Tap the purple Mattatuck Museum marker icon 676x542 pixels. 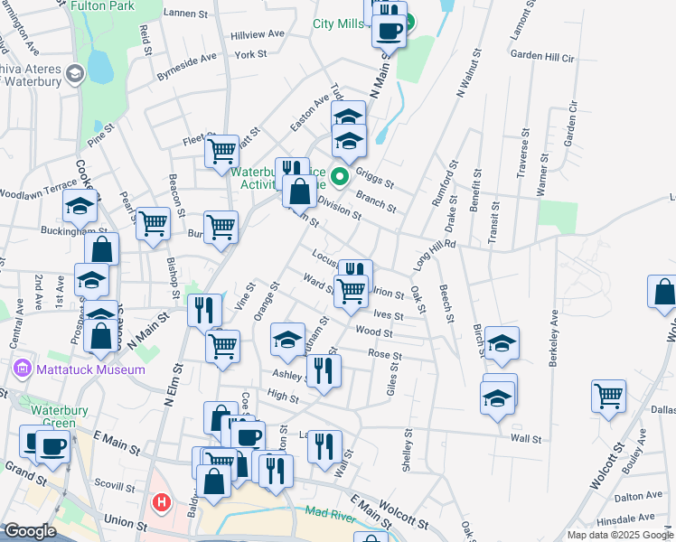coord(23,369)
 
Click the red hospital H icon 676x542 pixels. coord(162,501)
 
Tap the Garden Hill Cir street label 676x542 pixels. coord(542,56)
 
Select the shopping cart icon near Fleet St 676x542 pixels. coord(221,151)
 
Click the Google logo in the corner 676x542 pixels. coord(30,531)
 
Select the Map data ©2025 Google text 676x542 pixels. coord(619,535)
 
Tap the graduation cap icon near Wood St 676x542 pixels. coord(288,340)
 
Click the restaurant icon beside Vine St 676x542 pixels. coord(204,310)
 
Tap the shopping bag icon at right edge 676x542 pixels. coord(663,293)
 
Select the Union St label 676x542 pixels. coord(125,523)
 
